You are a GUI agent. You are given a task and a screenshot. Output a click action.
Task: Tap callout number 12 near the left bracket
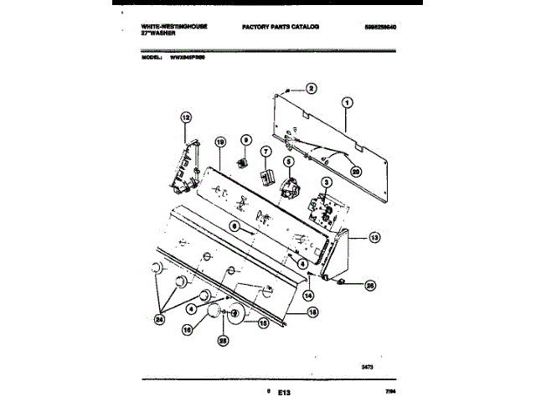coord(186,118)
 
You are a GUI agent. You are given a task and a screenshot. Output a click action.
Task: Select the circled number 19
coord(219,143)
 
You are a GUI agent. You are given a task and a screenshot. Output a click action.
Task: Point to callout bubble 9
coord(246,140)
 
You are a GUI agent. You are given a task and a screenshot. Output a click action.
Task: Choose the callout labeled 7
coord(265,152)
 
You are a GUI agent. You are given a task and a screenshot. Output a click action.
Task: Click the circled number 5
coord(287,162)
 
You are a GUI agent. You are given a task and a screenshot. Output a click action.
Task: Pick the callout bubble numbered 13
coord(374,238)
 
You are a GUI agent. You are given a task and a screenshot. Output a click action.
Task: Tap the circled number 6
coord(235,226)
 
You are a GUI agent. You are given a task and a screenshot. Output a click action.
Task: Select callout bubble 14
coord(308,295)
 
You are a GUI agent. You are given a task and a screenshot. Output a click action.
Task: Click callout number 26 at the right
coord(370,285)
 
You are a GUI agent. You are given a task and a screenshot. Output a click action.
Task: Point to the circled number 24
coord(160,317)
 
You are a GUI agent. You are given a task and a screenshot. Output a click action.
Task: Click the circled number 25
coord(223,341)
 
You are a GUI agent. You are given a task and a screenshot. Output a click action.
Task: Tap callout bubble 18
coord(313,312)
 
